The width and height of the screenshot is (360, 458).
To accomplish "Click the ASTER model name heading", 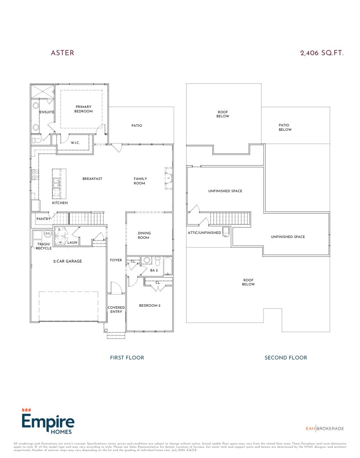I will (x=62, y=53).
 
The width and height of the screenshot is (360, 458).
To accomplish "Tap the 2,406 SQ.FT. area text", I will (x=322, y=53).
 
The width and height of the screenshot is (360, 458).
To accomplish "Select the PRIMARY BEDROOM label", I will (x=83, y=109).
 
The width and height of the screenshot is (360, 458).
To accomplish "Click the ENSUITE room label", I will (x=47, y=112).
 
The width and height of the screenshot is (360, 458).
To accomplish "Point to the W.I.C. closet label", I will (x=75, y=143).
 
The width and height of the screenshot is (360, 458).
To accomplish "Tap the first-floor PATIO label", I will (x=137, y=126).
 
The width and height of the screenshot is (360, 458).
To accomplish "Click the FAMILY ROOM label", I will (x=140, y=181).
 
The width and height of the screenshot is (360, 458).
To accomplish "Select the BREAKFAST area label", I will (x=92, y=179).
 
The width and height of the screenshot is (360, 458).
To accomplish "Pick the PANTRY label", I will (x=43, y=219).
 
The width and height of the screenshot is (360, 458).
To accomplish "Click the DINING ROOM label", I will (x=144, y=235).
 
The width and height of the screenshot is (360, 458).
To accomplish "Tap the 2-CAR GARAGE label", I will (x=67, y=261).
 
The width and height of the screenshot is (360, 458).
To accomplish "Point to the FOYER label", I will (x=116, y=260).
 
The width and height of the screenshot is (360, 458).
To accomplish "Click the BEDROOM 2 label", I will (x=149, y=305).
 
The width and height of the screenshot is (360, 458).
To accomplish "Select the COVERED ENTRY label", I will (x=116, y=310).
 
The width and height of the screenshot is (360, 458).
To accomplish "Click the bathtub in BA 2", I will (x=168, y=266).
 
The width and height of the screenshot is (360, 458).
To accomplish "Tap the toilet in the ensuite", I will (x=37, y=140).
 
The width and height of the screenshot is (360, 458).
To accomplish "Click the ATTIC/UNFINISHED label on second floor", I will (x=205, y=233).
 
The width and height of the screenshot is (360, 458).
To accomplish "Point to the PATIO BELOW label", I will (x=285, y=128).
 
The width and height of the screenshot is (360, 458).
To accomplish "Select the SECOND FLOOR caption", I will (x=286, y=357).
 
